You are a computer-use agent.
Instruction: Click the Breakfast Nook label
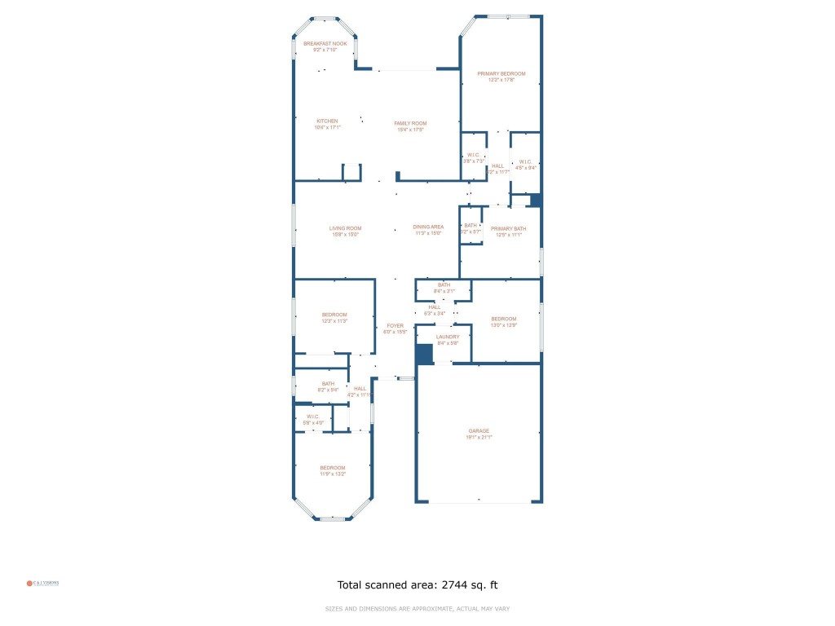coord(325,43)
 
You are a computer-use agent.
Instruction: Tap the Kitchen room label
coord(327,121)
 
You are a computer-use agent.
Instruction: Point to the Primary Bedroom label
coord(501,73)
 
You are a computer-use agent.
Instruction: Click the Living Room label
coord(345,228)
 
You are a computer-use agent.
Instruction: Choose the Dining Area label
coord(428,227)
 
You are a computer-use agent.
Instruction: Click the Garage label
coord(479,431)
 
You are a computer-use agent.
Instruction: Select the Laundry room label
coord(448,337)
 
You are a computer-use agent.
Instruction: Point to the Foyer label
coord(395,326)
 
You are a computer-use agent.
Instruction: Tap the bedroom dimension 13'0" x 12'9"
coord(503,324)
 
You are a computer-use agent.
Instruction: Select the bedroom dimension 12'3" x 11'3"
coord(334,321)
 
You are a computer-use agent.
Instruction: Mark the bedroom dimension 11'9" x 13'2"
coord(333,474)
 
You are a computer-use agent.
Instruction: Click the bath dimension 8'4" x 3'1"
coord(443,291)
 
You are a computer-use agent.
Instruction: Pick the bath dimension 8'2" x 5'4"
coord(328,390)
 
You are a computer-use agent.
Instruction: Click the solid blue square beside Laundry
coord(424,354)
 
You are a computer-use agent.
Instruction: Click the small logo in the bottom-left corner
coord(42,583)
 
